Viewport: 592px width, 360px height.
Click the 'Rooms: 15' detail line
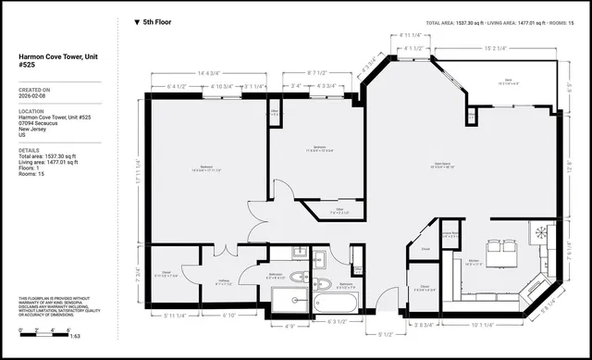point(34,174)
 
